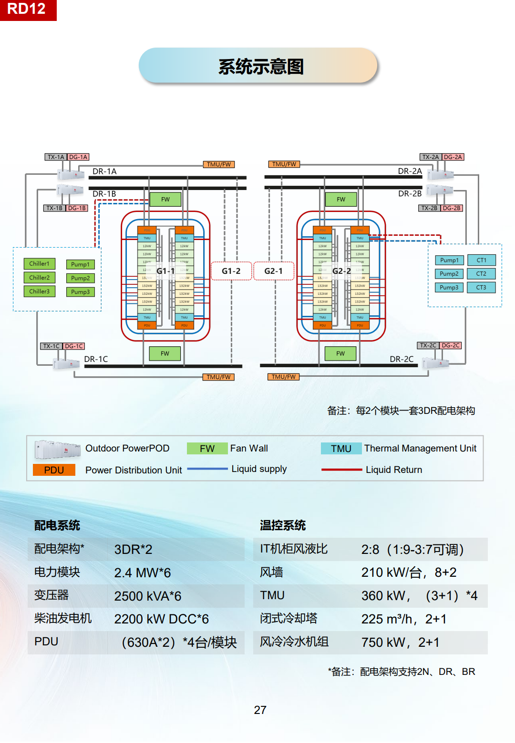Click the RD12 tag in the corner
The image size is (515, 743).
[x=27, y=9]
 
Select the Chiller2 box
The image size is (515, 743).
[x=40, y=278]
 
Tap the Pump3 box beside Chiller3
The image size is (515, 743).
[x=80, y=292]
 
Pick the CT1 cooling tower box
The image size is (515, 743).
[x=482, y=260]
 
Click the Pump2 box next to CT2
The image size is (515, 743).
[x=449, y=274]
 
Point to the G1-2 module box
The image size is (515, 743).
[x=231, y=271]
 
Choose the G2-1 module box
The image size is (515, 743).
[x=274, y=271]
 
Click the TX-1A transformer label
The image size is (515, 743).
[x=56, y=157]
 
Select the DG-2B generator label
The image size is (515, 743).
[x=452, y=208]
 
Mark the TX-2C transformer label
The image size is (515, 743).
[x=428, y=345]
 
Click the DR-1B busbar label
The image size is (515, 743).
[x=104, y=194]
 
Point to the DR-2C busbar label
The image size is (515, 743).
[x=402, y=359]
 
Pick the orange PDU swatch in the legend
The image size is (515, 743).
[x=54, y=470]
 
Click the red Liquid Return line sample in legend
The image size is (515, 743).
[x=341, y=470]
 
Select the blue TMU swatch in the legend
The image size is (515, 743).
[x=341, y=449]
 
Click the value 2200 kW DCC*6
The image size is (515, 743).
[x=161, y=619]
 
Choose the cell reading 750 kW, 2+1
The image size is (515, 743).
[x=400, y=643]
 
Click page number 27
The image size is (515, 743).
[x=260, y=710]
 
